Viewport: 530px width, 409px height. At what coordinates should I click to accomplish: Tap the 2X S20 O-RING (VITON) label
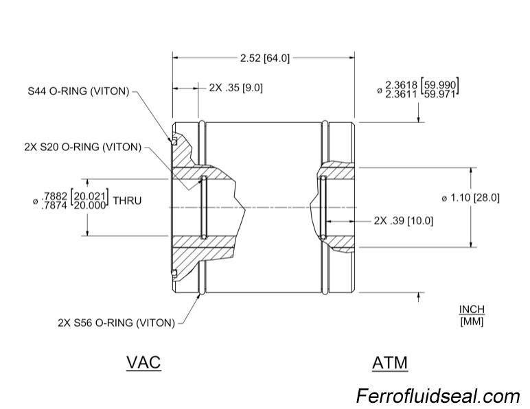(x=78, y=148)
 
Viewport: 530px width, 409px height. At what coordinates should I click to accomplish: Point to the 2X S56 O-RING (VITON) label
(x=115, y=322)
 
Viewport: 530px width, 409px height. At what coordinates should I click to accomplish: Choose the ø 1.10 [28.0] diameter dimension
(x=470, y=198)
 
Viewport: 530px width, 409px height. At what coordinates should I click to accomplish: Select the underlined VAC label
(x=143, y=362)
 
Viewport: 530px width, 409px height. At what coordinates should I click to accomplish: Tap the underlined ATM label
(x=389, y=362)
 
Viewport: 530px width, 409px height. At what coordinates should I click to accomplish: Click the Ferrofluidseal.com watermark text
(x=438, y=396)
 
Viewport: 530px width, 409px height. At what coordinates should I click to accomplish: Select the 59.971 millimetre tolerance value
(x=441, y=95)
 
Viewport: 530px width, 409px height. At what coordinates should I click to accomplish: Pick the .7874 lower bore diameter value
(x=56, y=206)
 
